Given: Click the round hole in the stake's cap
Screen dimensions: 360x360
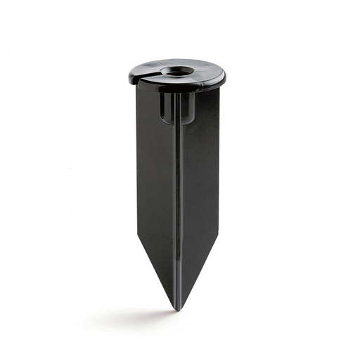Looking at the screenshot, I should tap(176, 71).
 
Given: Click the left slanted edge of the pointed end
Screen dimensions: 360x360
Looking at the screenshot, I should tap(156, 271).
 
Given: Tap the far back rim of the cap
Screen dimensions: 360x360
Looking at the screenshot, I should tap(179, 60).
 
